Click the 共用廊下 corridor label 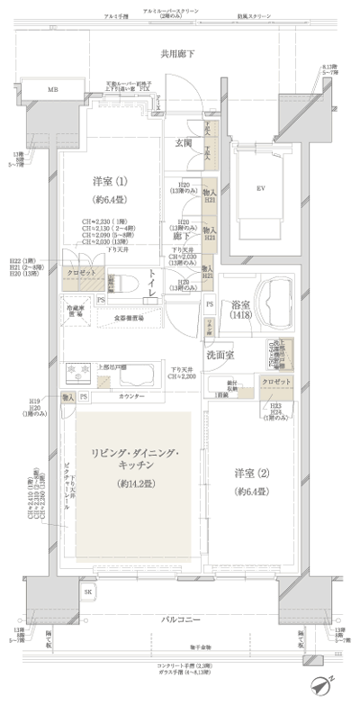coord(179,56)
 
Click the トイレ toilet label coord(154,283)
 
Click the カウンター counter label coord(131,396)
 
